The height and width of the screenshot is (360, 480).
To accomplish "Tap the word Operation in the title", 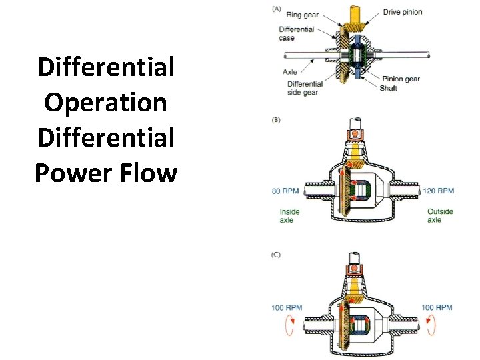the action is [x=105, y=102].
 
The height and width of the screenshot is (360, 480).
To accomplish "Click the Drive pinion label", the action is [x=403, y=12].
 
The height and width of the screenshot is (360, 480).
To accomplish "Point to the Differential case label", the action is [x=297, y=33].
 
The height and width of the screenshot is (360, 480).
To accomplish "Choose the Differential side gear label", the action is [x=305, y=88].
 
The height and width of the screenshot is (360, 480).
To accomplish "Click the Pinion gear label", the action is [x=401, y=79].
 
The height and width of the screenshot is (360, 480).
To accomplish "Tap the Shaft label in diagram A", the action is [x=389, y=88].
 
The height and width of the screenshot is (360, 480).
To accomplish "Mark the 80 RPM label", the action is [x=285, y=191].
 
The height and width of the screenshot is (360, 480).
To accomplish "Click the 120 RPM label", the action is [x=438, y=191].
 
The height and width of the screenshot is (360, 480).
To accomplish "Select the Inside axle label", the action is [x=289, y=215].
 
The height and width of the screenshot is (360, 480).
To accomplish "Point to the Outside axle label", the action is [x=440, y=215].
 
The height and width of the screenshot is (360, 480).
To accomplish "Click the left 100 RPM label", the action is [x=287, y=308].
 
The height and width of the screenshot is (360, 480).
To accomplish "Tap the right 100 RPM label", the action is [x=437, y=307].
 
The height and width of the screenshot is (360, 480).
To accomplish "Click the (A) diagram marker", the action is [x=277, y=8].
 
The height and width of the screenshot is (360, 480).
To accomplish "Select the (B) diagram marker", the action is [x=276, y=120].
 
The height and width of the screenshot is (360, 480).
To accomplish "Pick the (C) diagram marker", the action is [x=276, y=255].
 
